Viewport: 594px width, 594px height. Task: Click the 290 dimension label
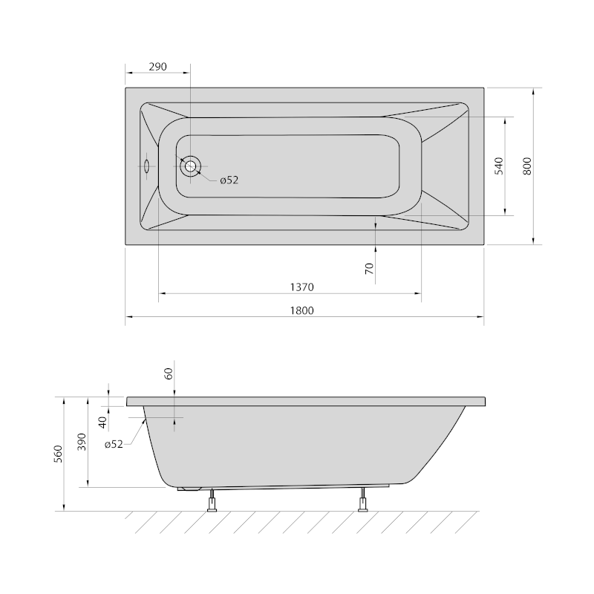157,67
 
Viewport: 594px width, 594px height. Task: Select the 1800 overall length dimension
302,310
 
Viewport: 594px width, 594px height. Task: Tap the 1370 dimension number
302,287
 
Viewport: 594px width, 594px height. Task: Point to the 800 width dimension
527,166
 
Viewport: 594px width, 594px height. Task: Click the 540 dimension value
499,166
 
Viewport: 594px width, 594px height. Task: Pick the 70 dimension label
369,269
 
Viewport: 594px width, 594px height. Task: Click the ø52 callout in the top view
229,180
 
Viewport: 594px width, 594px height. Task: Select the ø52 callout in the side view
114,444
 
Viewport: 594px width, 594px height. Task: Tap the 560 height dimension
58,454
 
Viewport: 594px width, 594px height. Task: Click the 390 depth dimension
82,442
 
